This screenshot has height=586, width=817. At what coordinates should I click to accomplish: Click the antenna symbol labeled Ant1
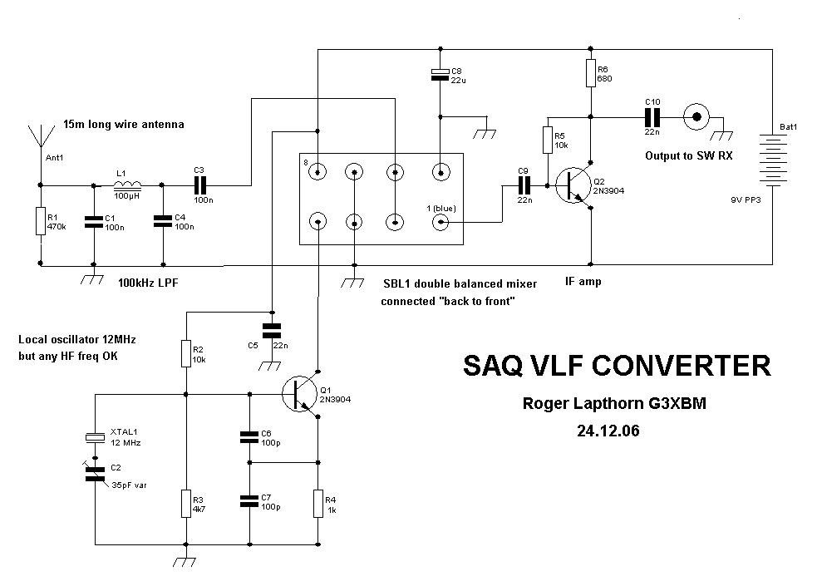39,138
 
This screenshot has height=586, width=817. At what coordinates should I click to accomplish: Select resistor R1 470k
39,222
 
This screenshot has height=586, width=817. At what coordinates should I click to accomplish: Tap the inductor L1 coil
127,185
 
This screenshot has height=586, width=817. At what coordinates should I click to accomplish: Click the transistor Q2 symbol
574,185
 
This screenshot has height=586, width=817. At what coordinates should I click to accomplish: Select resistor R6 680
590,73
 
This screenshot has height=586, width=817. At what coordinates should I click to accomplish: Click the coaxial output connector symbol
696,116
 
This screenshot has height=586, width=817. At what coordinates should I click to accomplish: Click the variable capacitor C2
95,473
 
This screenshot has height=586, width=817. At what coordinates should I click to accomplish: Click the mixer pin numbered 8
317,173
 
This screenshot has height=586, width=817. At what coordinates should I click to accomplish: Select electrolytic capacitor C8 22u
440,76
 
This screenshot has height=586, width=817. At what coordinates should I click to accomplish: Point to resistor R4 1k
317,503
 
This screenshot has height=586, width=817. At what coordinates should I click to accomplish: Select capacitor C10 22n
652,116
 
